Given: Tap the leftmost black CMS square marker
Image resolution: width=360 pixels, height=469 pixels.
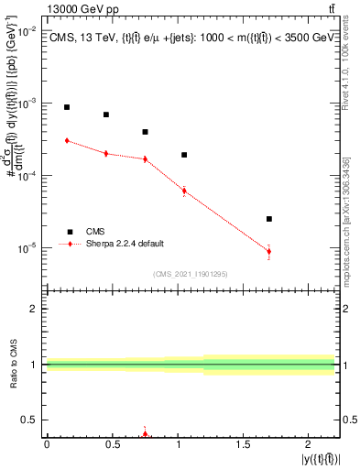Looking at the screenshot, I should tap(67, 107).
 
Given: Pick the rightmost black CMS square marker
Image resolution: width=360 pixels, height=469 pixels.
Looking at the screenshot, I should tap(268, 219).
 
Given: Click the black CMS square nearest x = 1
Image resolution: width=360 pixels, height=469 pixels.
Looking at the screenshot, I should tap(184, 155).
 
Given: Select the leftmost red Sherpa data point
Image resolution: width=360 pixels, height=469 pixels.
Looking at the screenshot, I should tap(67, 140).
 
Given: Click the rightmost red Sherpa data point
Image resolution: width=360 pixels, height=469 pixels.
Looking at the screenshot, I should tap(268, 251).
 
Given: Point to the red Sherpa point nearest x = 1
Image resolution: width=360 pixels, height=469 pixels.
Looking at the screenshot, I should tap(184, 191).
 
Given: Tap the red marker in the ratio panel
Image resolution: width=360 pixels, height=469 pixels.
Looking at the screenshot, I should tap(145, 434).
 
